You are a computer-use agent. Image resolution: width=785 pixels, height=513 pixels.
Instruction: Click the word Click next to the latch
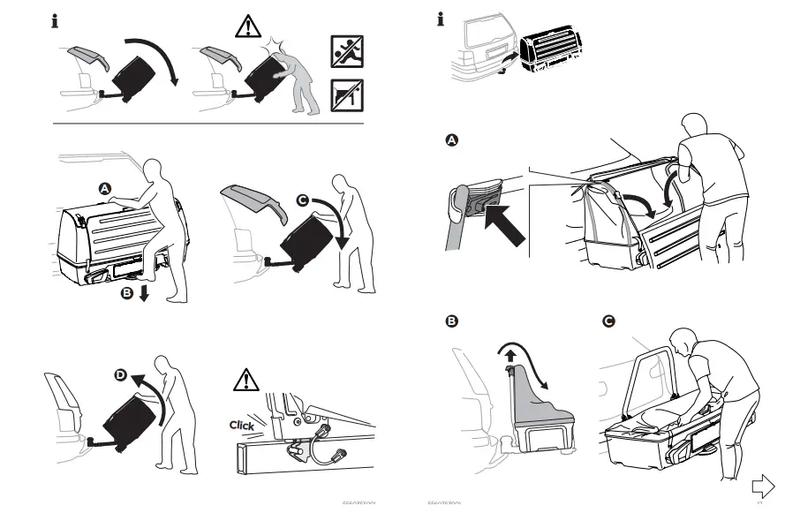pos(241,425)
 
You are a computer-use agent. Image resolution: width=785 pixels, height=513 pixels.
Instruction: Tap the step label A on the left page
pos(103,188)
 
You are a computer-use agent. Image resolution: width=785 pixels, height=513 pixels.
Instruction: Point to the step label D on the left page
pos(121,374)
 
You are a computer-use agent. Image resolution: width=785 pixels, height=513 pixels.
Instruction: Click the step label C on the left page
pos(302,201)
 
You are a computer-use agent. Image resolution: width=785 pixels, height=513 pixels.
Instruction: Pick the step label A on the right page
pos(452,141)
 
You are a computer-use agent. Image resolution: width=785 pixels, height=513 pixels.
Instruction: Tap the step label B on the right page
pos(452,321)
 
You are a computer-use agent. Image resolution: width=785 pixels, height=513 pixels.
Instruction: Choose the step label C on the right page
pos(608,321)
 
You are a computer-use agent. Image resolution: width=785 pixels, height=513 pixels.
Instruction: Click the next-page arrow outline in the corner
pos(762,486)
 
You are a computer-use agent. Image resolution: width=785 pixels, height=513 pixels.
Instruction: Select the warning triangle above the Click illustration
pos(245,381)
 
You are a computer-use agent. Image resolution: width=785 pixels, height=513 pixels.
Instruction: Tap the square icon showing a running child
pos(346,52)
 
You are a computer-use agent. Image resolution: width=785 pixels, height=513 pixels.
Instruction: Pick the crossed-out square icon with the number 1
pos(346,94)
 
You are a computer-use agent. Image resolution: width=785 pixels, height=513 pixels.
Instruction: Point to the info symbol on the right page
pos(441,19)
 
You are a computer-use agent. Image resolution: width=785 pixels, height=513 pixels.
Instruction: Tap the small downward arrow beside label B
pos(144,293)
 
